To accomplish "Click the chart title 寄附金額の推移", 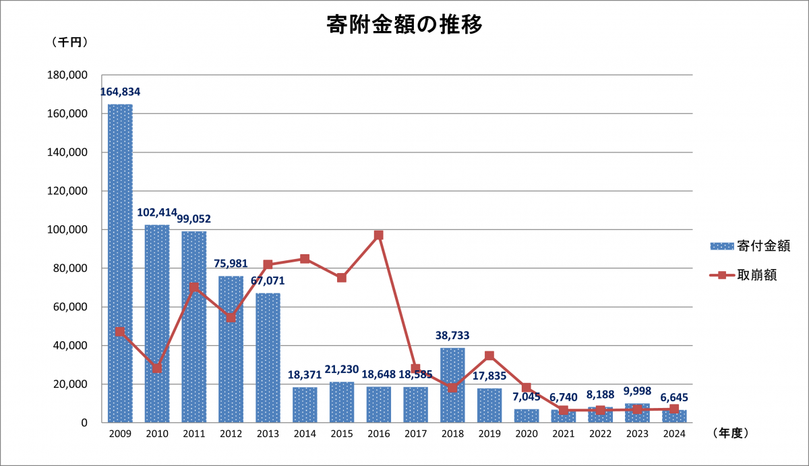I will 404,26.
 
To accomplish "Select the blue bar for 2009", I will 120,263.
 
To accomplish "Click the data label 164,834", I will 120,92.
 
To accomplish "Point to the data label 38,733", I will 452,335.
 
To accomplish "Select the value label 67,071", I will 268,280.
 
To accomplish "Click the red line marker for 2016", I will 379,235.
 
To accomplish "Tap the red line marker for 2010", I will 157,368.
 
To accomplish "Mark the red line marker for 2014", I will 305,259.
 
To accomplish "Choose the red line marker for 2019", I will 489,355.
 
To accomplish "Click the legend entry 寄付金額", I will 750,245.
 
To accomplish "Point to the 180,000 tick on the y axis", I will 69,76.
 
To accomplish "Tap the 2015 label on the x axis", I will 342,434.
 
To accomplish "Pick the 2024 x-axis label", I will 673,434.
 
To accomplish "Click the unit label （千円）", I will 69,42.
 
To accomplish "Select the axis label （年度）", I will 730,434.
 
